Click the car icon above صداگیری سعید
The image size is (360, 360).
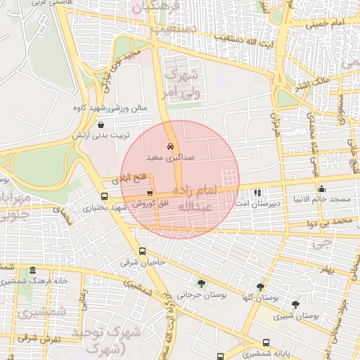point(171,146)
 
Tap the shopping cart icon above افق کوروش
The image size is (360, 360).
point(149,193)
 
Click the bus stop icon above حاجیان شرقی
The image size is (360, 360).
point(143,252)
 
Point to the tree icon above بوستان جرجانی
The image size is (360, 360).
point(201,284)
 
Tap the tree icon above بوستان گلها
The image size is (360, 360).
point(261,287)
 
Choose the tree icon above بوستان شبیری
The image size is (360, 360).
point(295,305)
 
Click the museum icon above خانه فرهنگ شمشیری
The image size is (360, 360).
point(32,271)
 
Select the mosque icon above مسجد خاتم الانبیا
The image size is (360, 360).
point(322,188)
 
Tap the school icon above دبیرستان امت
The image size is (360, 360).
point(257,192)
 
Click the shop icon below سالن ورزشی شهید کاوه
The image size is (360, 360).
point(103,124)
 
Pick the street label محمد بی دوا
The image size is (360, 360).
point(333,221)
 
